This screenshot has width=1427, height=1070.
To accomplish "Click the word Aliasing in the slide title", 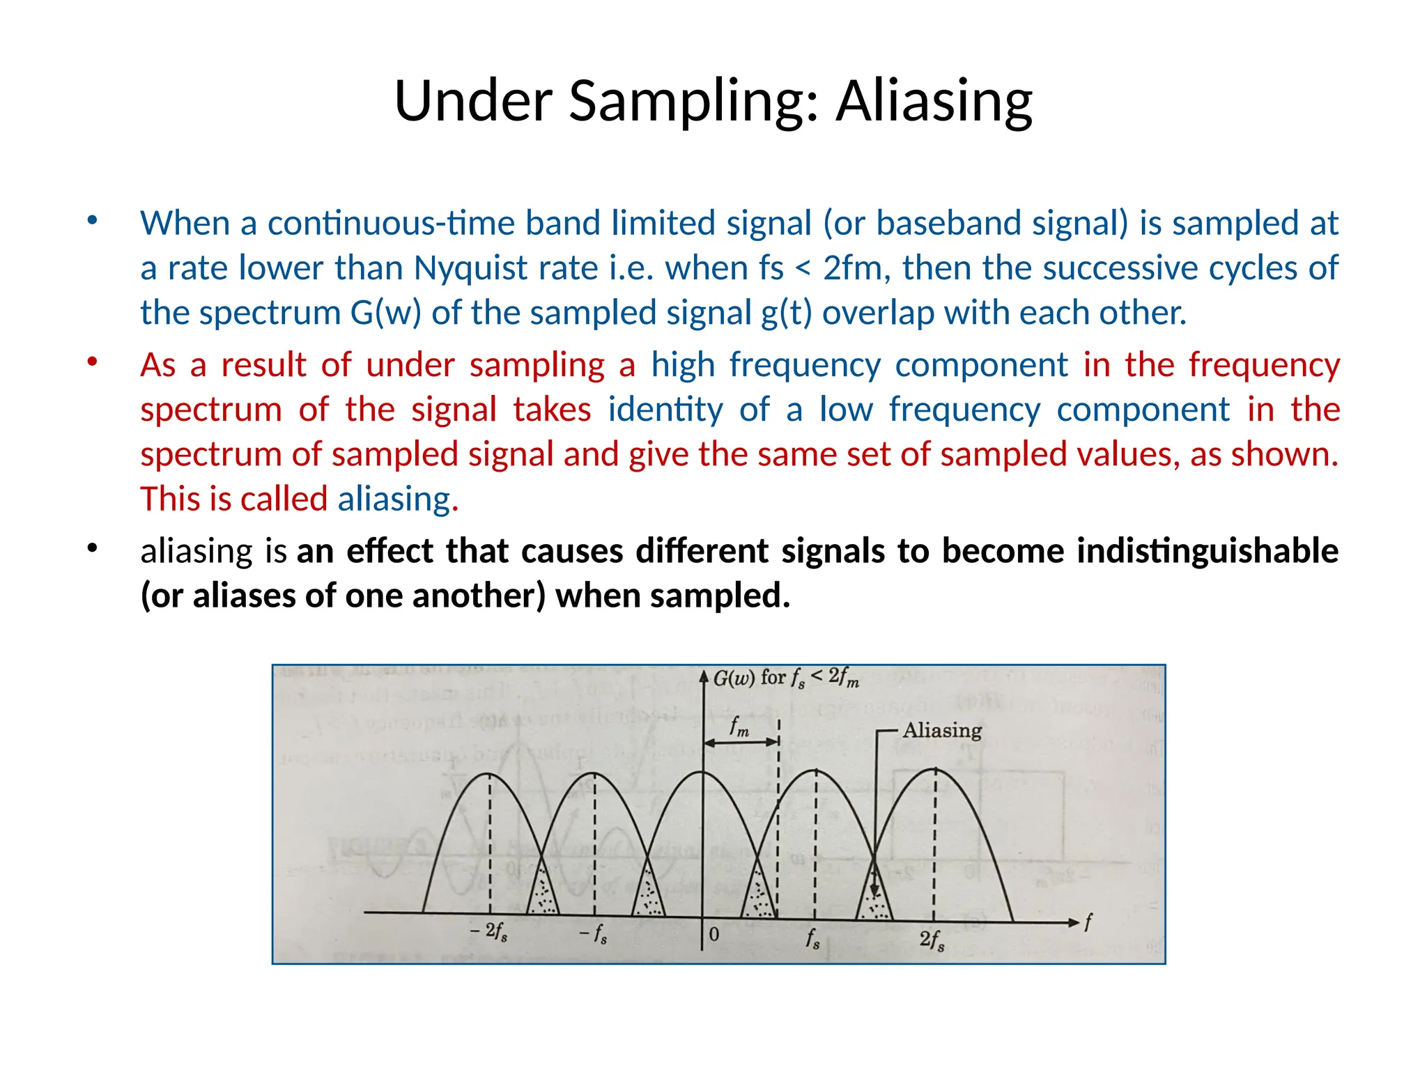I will click(x=934, y=102).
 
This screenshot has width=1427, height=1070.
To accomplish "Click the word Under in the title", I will click(x=474, y=102).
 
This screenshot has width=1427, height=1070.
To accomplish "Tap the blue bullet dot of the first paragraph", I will click(x=92, y=221).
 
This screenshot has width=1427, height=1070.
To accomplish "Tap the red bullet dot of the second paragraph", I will click(x=92, y=362).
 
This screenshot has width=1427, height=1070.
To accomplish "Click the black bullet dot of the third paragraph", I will click(x=92, y=548).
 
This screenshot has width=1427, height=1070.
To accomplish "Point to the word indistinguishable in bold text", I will click(x=1208, y=550).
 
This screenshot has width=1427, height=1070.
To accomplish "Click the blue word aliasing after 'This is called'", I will click(x=394, y=499).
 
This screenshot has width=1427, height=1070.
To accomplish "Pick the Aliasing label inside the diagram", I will click(x=942, y=730).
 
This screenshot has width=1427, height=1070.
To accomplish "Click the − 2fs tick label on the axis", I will click(x=488, y=931).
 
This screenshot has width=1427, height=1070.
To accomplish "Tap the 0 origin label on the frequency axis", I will click(x=714, y=934).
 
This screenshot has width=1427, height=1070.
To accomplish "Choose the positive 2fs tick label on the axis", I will click(x=932, y=940).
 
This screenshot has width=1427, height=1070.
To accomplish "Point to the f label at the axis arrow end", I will click(x=1088, y=922).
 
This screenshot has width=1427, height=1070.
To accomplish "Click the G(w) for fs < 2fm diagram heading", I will click(x=786, y=678).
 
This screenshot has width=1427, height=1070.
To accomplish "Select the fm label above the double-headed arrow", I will click(x=739, y=727).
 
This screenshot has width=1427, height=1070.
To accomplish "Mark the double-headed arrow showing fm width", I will click(x=741, y=743).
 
